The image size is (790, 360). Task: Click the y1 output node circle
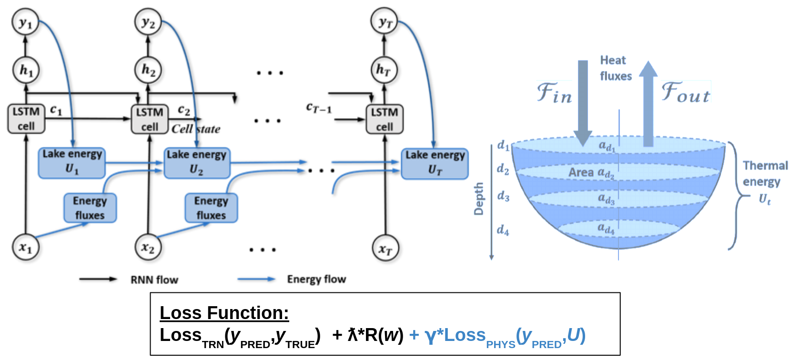[25, 22]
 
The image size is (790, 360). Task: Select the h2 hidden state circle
[148, 70]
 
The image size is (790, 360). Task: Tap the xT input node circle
[385, 248]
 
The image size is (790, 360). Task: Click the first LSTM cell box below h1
[27, 119]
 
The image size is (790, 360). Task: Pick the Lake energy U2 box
[197, 163]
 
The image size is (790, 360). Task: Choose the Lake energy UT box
[435, 164]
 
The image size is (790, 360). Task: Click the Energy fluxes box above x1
[90, 208]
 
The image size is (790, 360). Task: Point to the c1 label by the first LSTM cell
[56, 110]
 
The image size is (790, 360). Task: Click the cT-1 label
[319, 107]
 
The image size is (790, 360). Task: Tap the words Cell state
[196, 129]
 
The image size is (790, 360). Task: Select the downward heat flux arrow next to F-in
[583, 103]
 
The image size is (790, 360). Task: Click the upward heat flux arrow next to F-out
[648, 103]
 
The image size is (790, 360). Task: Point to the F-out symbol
[686, 92]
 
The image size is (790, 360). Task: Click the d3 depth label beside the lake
[503, 196]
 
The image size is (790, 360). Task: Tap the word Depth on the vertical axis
[478, 199]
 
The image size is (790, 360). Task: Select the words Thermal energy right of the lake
[765, 173]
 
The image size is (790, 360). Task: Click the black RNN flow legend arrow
[98, 279]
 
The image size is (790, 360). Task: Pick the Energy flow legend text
[316, 279]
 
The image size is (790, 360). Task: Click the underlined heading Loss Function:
[224, 313]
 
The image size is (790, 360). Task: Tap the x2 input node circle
[148, 247]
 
